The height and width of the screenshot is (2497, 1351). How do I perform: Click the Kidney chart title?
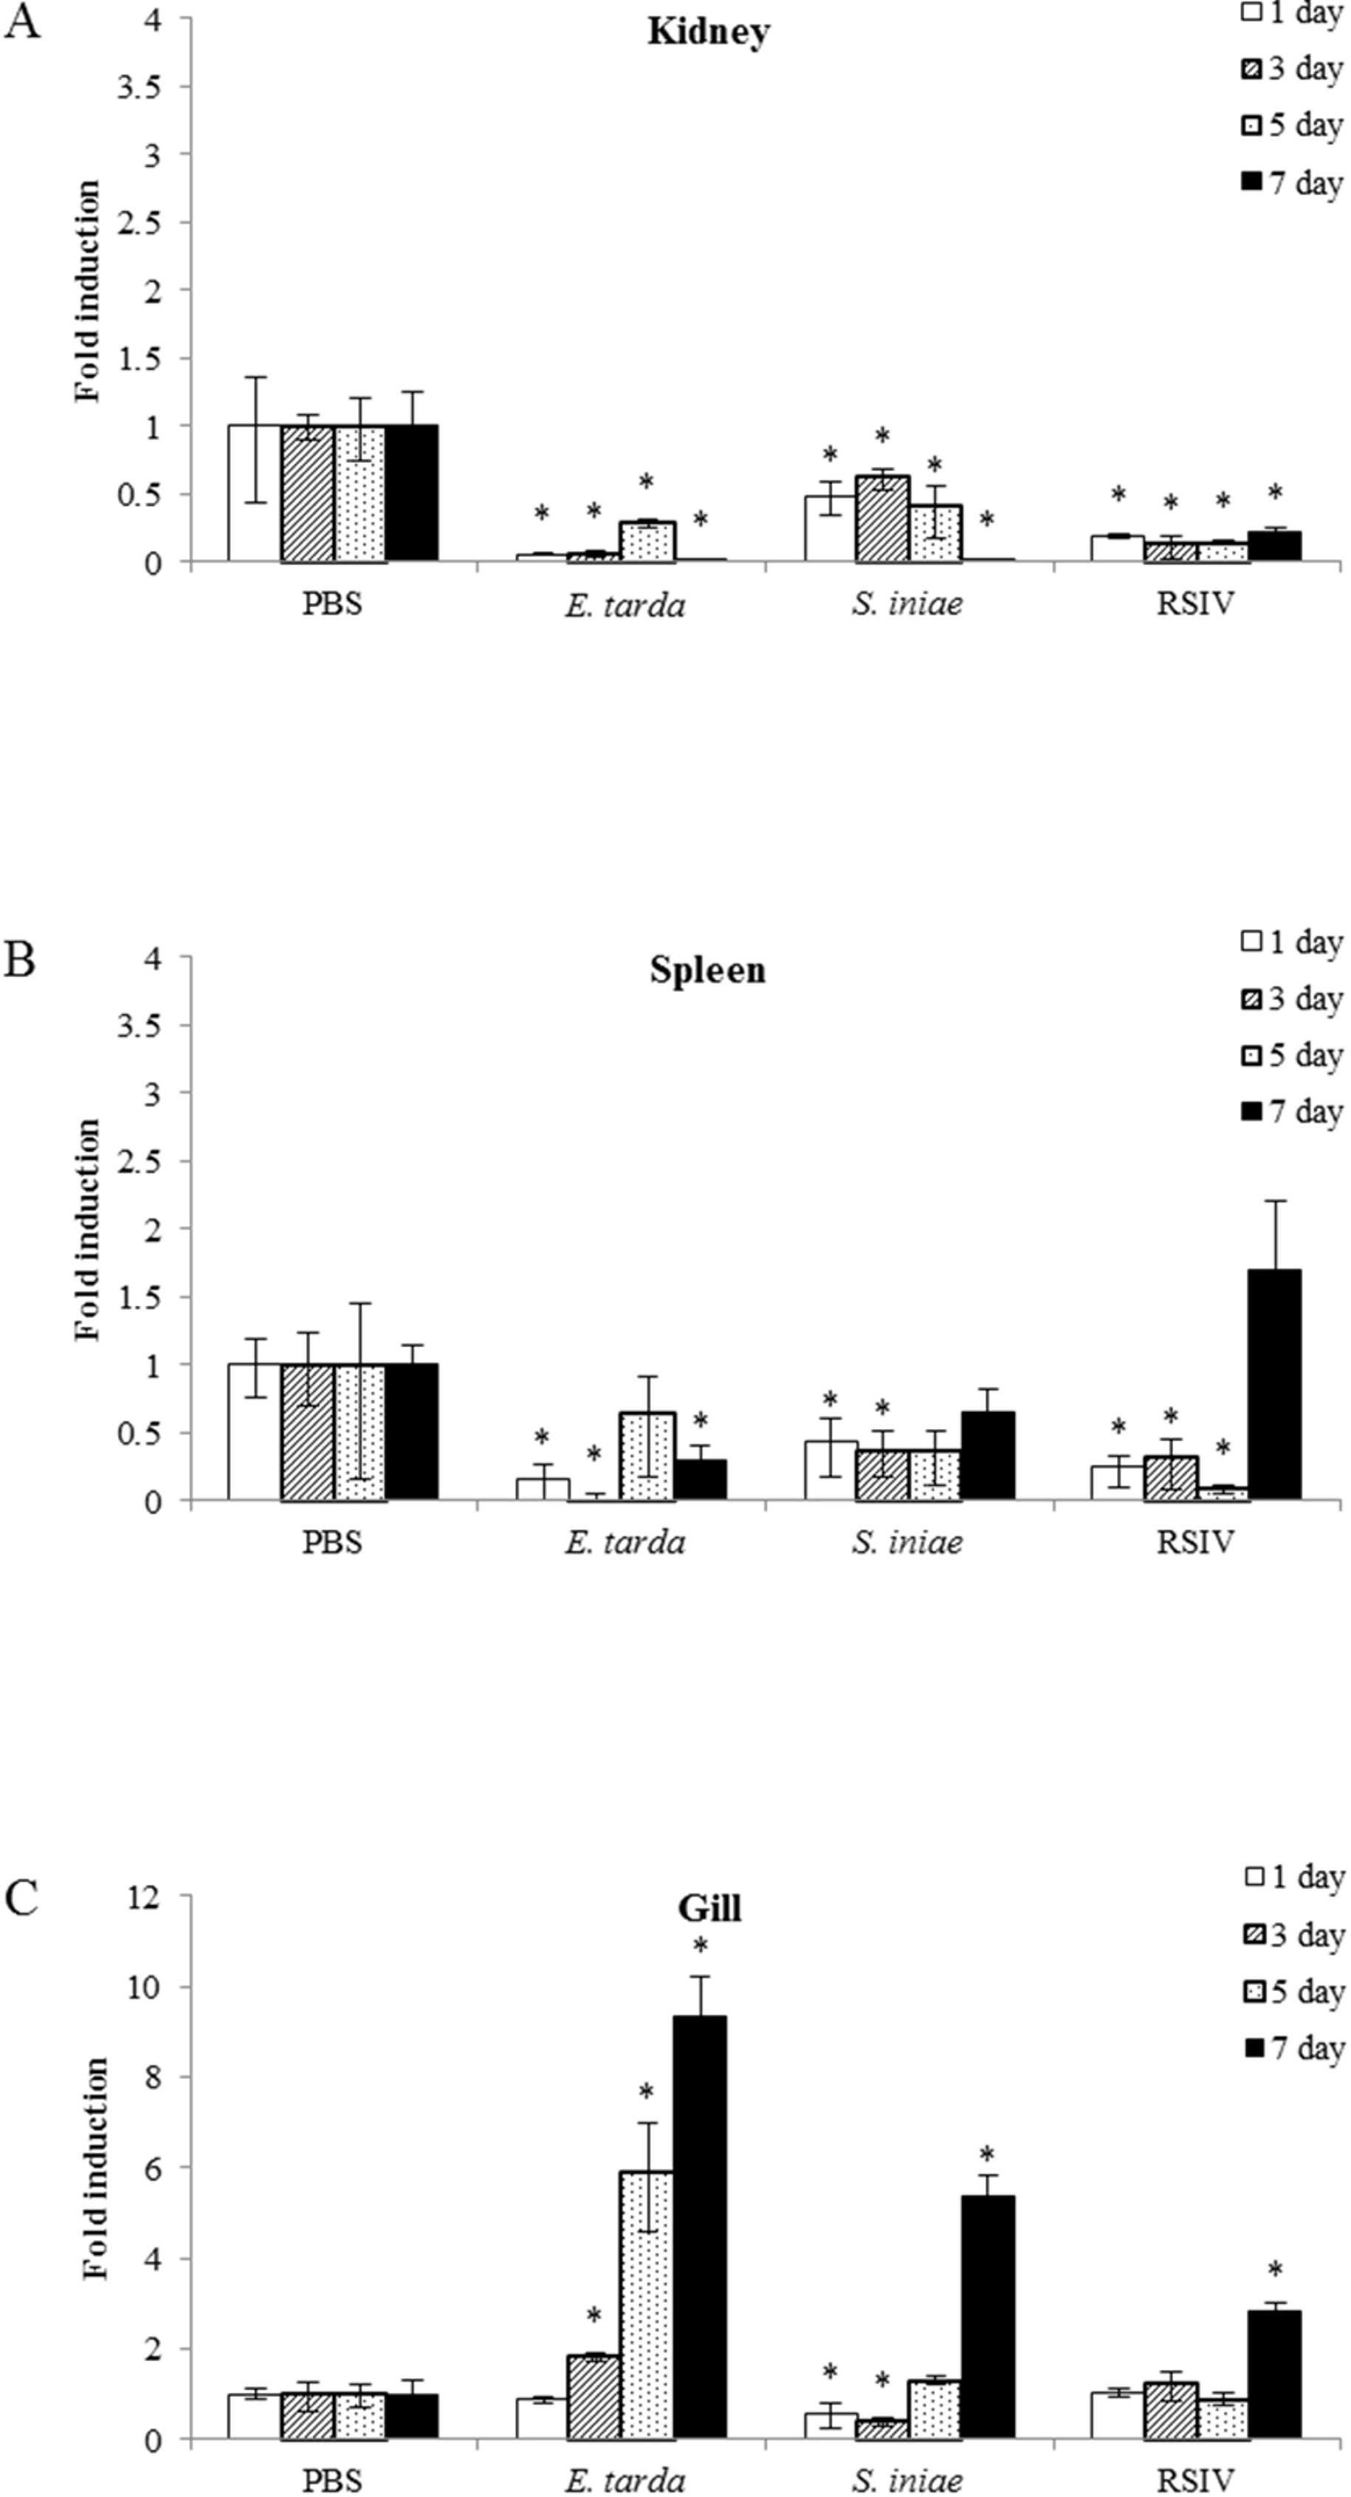(x=709, y=32)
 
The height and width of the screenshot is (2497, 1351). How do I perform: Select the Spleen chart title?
(x=707, y=970)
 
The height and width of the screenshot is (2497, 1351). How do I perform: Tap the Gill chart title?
(x=709, y=1908)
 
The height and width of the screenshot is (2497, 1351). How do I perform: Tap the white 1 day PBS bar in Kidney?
(x=255, y=493)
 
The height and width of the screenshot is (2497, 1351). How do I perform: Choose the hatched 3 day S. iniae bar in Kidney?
(x=882, y=518)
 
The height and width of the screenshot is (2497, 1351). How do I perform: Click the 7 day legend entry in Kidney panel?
(x=1293, y=182)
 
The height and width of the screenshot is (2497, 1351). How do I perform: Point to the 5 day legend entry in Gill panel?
(x=1293, y=1991)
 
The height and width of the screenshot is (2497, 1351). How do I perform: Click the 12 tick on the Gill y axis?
(x=145, y=1895)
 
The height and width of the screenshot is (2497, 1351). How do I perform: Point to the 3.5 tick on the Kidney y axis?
(x=140, y=87)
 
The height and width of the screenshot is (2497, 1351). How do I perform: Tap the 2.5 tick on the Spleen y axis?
(x=140, y=1161)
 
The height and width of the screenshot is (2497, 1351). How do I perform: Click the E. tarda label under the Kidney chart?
(x=625, y=606)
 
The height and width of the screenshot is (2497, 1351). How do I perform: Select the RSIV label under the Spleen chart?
(x=1196, y=1542)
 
